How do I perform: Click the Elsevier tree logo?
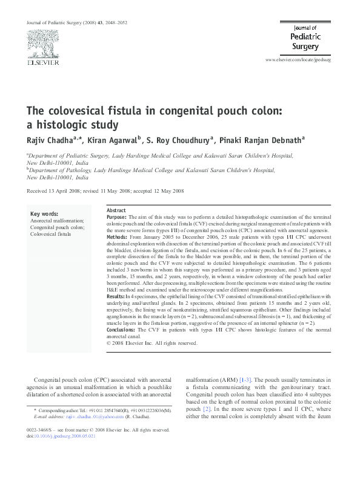pyautogui.click(x=42, y=43)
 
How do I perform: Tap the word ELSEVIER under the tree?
pyautogui.click(x=42, y=62)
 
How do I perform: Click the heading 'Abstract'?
pyautogui.click(x=116, y=210)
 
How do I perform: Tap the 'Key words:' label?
pyautogui.click(x=45, y=214)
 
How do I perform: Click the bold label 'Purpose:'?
pyautogui.click(x=116, y=216)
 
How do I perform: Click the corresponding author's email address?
pyautogui.click(x=83, y=417)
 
